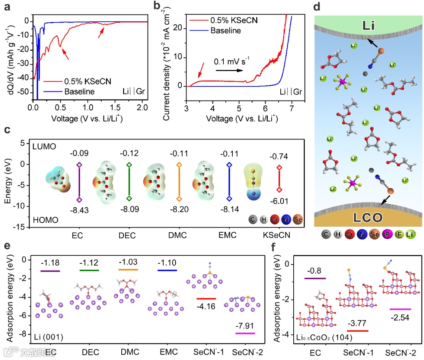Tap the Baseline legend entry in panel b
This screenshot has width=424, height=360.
coord(225,30)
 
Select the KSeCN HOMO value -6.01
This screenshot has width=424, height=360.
coord(279,201)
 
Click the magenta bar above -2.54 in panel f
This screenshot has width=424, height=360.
coord(400,309)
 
